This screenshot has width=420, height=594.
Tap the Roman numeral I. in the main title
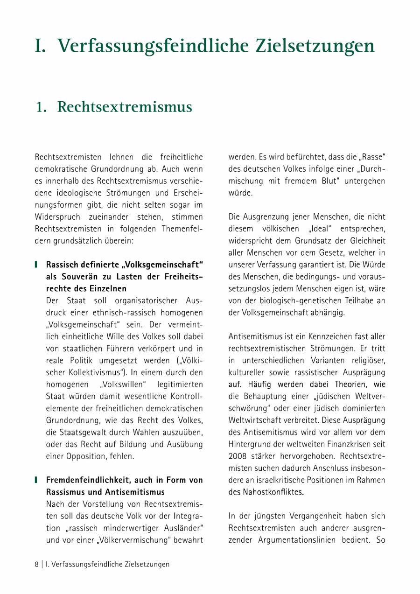[41, 46]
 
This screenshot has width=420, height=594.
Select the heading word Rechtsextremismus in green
[125, 107]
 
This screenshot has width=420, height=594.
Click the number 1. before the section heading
[42, 107]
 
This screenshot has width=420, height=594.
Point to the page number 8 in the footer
[37, 564]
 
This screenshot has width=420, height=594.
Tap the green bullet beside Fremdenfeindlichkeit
[36, 480]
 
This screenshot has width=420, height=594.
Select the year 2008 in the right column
[238, 456]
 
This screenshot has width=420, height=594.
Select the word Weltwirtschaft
[255, 420]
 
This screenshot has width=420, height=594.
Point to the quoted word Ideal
[322, 229]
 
